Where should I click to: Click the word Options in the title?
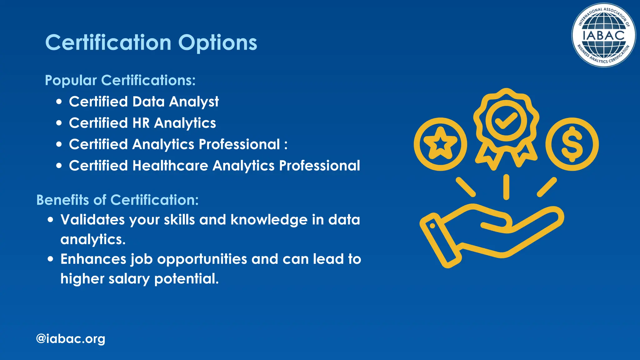pyautogui.click(x=217, y=43)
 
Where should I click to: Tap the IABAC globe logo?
pyautogui.click(x=603, y=35)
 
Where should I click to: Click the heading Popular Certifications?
pyautogui.click(x=120, y=80)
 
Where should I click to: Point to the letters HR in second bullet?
pyautogui.click(x=141, y=123)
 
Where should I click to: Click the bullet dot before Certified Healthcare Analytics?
pyautogui.click(x=59, y=166)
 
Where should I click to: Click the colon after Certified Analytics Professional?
pyautogui.click(x=286, y=145)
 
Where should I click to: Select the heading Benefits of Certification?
pyautogui.click(x=117, y=200)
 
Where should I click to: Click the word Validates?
pyautogui.click(x=92, y=220)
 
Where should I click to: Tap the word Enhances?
pyautogui.click(x=93, y=259)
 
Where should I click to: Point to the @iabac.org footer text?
pyautogui.click(x=71, y=339)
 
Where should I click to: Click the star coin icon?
pyautogui.click(x=440, y=144)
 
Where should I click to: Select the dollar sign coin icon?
pyautogui.click(x=572, y=144)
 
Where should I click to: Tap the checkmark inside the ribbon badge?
pyautogui.click(x=506, y=121)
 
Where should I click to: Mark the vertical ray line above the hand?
pyautogui.click(x=506, y=187)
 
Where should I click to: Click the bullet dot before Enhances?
pyautogui.click(x=51, y=259)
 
